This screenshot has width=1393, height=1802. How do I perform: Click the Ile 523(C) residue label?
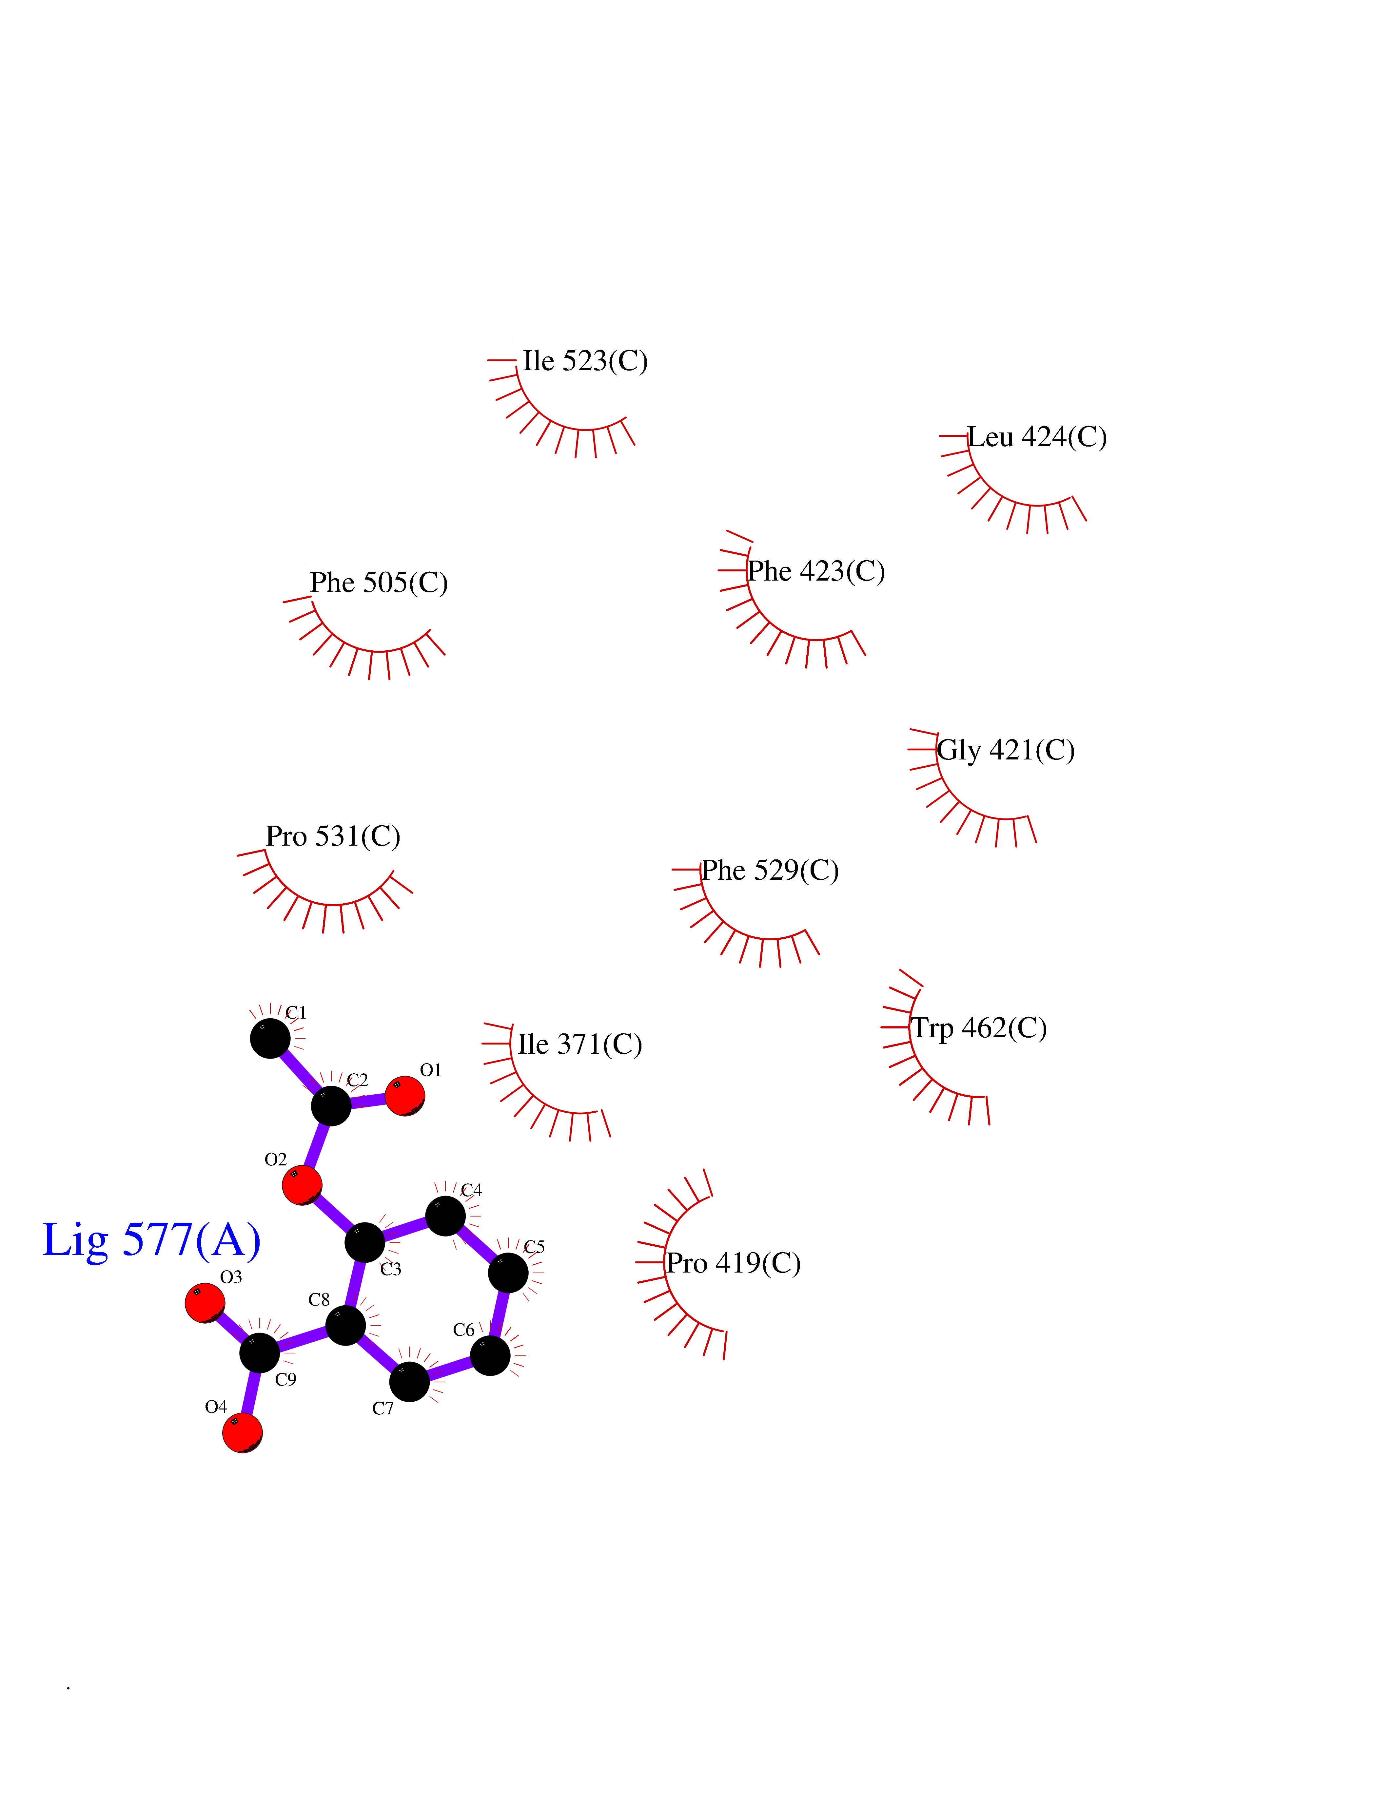tap(585, 361)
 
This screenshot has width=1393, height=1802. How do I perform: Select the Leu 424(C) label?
tap(1036, 437)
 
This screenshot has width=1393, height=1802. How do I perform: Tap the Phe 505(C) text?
tap(379, 583)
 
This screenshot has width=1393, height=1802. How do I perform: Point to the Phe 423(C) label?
tap(816, 572)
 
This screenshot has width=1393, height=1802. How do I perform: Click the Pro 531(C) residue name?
tap(333, 837)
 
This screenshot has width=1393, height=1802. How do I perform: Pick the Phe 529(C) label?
tap(770, 871)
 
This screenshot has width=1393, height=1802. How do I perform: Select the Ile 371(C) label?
tap(579, 1045)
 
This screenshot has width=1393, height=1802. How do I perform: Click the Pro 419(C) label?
tap(734, 1263)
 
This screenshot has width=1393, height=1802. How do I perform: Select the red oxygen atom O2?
tap(302, 1186)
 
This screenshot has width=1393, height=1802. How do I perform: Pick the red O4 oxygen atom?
tap(243, 1432)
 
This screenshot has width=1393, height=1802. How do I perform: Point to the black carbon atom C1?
tap(270, 1038)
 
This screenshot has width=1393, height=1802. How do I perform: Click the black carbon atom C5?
tap(508, 1273)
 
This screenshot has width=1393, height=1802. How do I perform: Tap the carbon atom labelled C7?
tap(409, 1382)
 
